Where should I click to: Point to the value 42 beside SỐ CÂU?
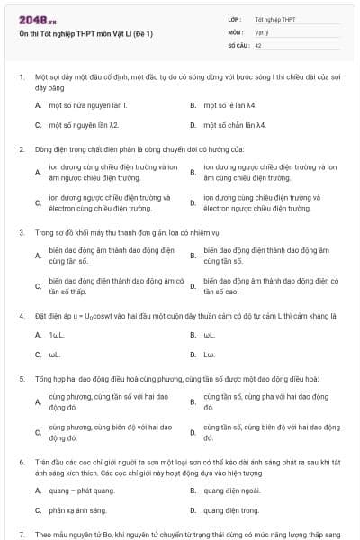(258, 43)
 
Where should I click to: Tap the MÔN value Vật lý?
(262, 31)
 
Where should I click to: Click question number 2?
(22, 149)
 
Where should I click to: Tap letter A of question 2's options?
(38, 171)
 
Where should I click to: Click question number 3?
(22, 233)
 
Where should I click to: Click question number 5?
(22, 379)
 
